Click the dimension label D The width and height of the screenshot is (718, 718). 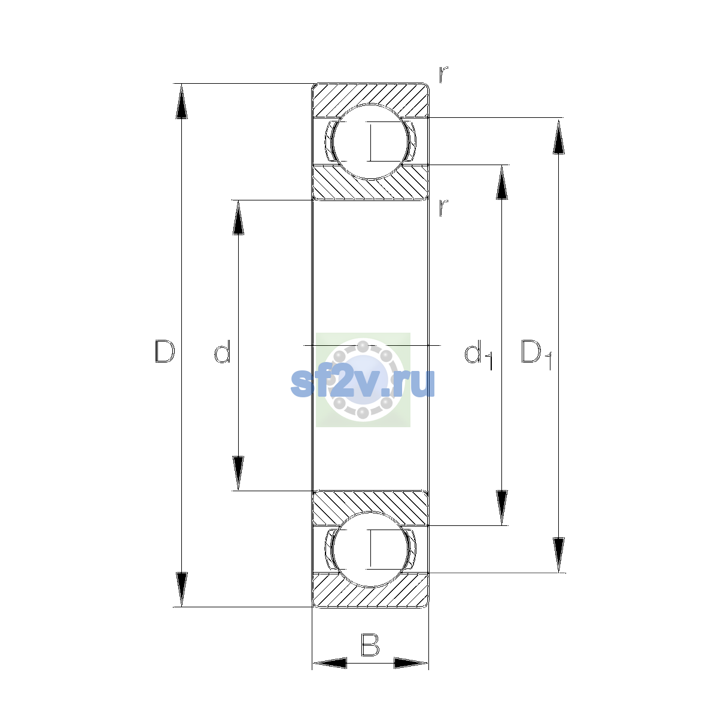coord(165,351)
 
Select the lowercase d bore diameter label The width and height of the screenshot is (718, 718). coord(223,351)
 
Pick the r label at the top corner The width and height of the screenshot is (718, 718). coord(443,74)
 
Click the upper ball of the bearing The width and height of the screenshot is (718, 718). coord(370,142)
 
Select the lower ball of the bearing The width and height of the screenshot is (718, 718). coord(370,549)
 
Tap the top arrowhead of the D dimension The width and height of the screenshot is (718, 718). coord(181,101)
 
